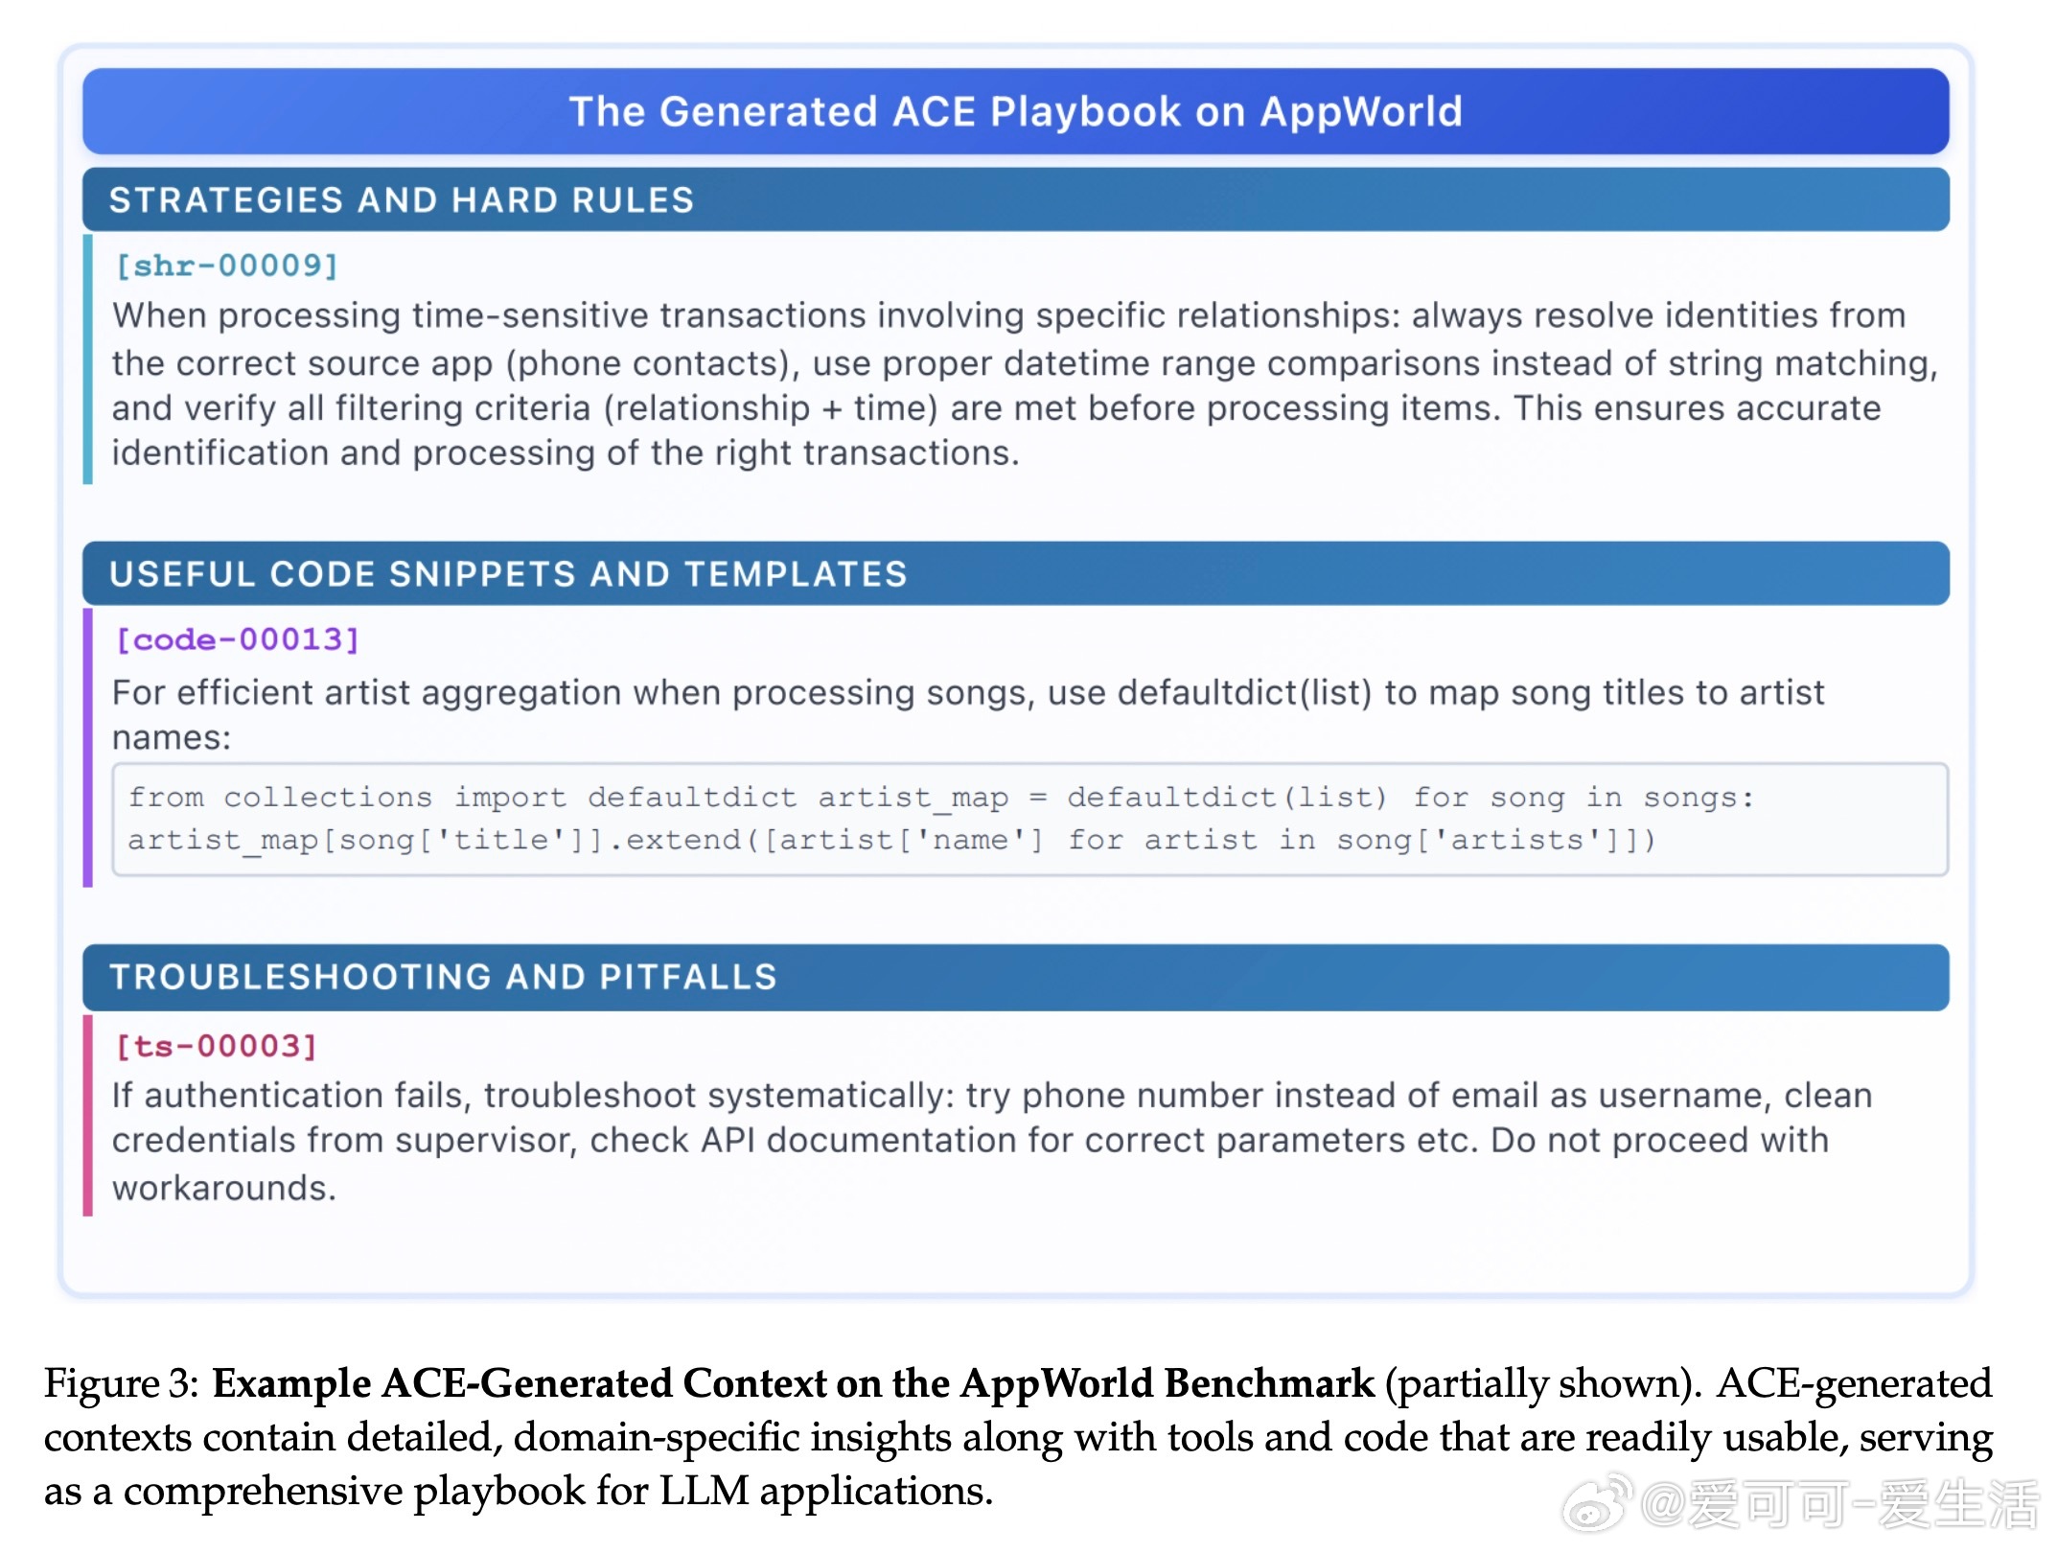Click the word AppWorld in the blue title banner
click(x=1361, y=112)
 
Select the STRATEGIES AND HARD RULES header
click(x=401, y=200)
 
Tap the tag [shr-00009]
click(x=226, y=266)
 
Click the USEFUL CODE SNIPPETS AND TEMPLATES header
click(x=508, y=574)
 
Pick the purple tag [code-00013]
click(x=237, y=639)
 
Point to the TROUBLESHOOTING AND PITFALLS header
click(x=443, y=977)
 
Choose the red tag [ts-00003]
click(x=216, y=1046)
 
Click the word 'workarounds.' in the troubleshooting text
click(x=224, y=1188)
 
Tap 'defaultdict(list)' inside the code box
click(x=1227, y=798)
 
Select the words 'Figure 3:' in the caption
click(x=122, y=1383)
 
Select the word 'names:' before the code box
click(x=172, y=738)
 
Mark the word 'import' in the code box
click(x=510, y=798)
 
